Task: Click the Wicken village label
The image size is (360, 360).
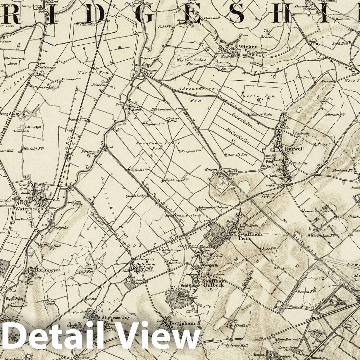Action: [x=248, y=47]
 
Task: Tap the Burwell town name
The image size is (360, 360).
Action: [x=294, y=149]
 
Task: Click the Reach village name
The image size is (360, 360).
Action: [x=211, y=170]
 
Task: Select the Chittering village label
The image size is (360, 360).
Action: [x=46, y=67]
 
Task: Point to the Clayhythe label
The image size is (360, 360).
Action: [x=60, y=228]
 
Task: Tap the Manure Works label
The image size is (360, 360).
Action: [x=261, y=115]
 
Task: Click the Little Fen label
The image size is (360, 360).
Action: [x=254, y=96]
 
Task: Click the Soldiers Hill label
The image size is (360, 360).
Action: [x=28, y=127]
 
